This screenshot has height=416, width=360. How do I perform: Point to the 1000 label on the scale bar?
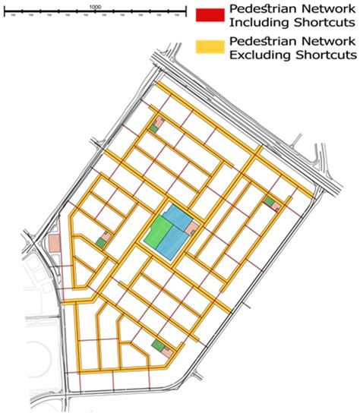pyautogui.click(x=95, y=5)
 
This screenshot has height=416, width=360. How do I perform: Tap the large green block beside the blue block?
pyautogui.click(x=158, y=236)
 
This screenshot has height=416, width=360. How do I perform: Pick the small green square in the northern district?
pyautogui.click(x=153, y=130)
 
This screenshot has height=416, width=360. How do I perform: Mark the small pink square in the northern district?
pyautogui.click(x=159, y=121)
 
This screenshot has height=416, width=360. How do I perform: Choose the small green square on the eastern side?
pyautogui.click(x=269, y=200)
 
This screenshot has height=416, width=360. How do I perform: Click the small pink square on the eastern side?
pyautogui.click(x=276, y=206)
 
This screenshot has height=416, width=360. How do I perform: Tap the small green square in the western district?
pyautogui.click(x=100, y=242)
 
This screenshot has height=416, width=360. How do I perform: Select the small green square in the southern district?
pyautogui.click(x=157, y=346)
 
